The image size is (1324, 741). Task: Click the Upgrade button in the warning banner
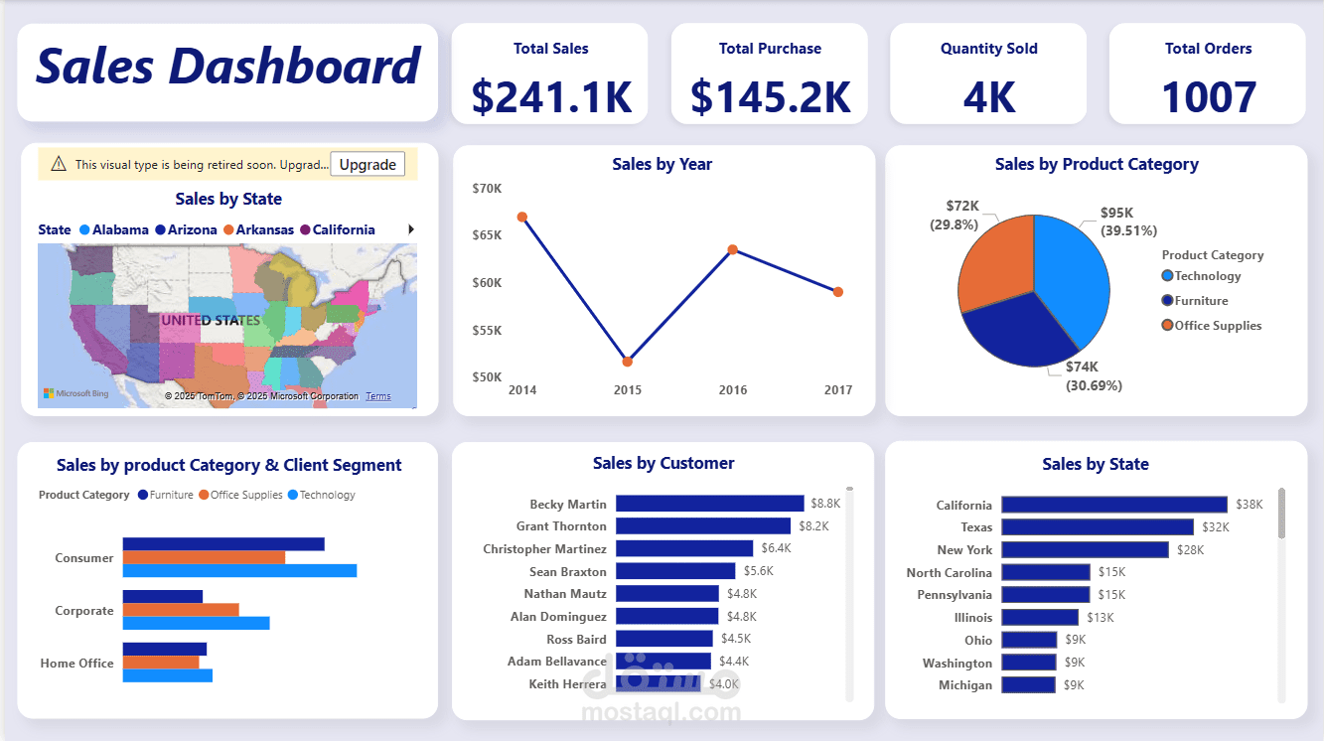pos(368,165)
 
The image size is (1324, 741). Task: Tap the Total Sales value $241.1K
pos(551,96)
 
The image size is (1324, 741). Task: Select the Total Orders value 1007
pos(1208,96)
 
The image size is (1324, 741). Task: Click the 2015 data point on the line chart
pos(628,362)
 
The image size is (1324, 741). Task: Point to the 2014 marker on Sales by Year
pos(522,217)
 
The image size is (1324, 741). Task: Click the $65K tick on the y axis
pos(487,235)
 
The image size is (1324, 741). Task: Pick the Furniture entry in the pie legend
pos(1201,301)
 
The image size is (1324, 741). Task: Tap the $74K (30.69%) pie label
pos(1094,376)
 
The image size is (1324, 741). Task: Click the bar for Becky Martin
pos(709,504)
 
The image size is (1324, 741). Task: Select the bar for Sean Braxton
pos(675,571)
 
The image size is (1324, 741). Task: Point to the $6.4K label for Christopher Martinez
pos(776,548)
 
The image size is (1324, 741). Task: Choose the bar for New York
pos(1085,549)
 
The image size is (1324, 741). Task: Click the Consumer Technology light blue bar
pos(239,571)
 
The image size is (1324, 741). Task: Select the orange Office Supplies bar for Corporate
pos(181,610)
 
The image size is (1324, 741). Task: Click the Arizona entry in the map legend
pos(192,229)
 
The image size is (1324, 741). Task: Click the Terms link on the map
pos(377,396)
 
